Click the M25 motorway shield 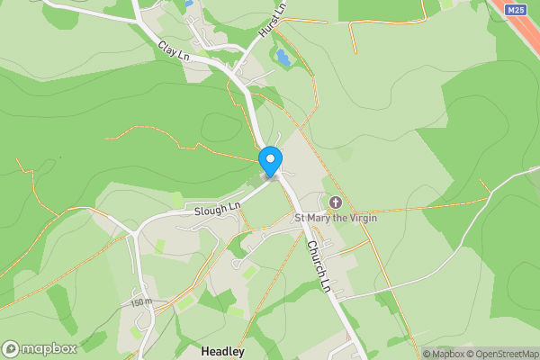515,10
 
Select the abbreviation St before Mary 301,218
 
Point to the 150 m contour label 140,301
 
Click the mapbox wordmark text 49,349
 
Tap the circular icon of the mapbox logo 12,349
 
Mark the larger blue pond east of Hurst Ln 283,60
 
